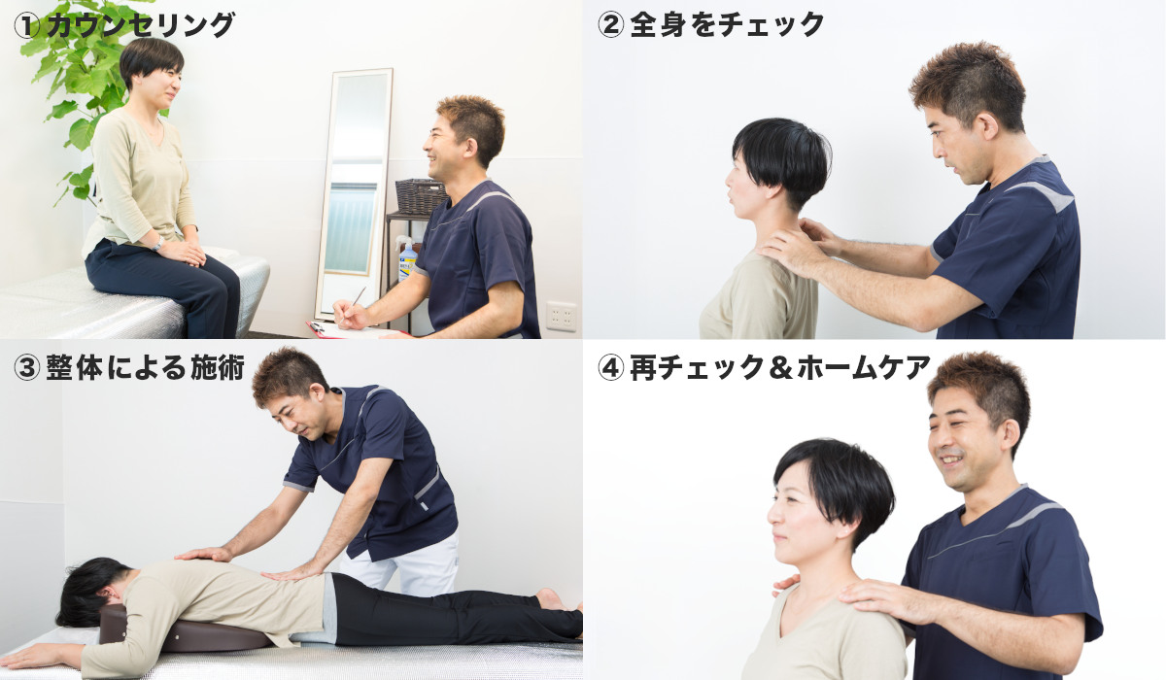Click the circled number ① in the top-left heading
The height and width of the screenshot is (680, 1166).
(26, 26)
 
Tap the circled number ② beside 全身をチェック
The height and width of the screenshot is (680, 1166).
(610, 25)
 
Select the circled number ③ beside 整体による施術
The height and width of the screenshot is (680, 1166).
(26, 368)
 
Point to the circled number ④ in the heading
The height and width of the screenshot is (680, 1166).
(610, 368)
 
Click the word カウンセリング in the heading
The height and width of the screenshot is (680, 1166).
(141, 26)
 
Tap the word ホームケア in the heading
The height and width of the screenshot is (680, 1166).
(863, 368)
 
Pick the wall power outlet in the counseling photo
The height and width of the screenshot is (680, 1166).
(562, 317)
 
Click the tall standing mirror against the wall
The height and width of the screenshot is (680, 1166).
(354, 193)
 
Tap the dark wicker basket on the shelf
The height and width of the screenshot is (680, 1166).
(422, 195)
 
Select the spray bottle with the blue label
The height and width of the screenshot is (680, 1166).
(407, 258)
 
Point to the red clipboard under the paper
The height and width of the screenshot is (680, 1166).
(354, 331)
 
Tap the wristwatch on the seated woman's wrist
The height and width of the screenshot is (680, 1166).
(157, 244)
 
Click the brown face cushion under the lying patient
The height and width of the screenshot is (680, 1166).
(183, 630)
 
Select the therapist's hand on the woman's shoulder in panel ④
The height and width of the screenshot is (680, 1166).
(885, 601)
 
